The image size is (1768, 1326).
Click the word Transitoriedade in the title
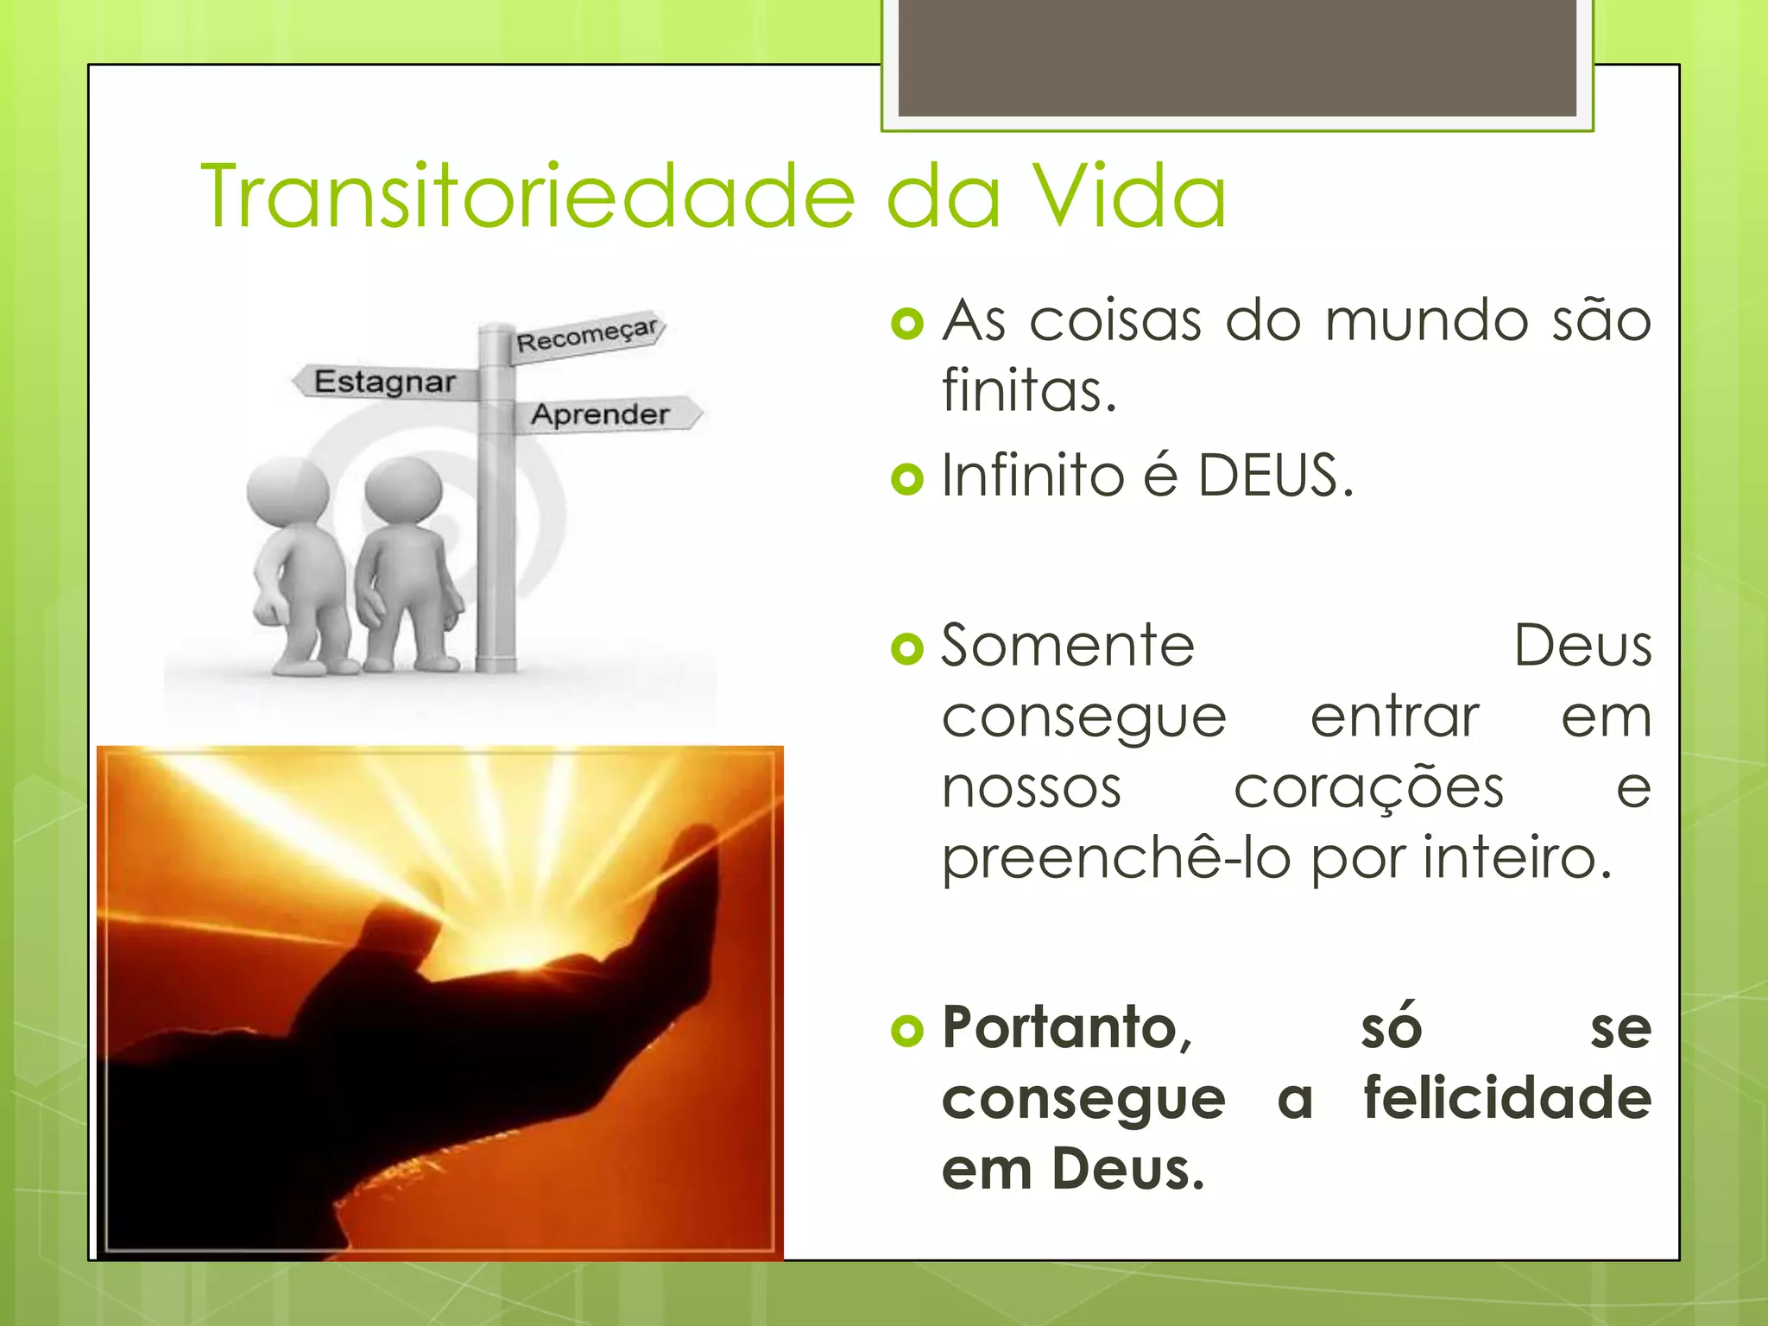coord(527,197)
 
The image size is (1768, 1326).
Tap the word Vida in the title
coord(1130,197)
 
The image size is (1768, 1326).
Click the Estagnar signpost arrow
coord(385,382)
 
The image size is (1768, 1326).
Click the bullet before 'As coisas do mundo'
coord(906,325)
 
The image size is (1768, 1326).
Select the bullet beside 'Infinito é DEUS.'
coord(906,478)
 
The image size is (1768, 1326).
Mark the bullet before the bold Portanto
coord(906,1031)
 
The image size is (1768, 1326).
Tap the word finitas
coord(1029,390)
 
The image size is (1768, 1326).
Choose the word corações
coord(1368,789)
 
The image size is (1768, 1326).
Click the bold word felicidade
coord(1507,1098)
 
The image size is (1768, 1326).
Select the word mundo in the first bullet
coord(1428,321)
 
